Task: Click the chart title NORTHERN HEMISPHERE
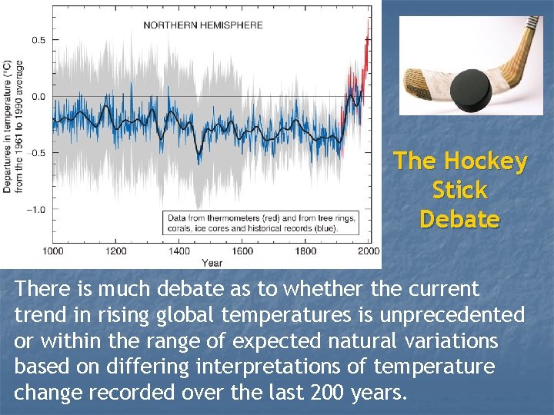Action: click(x=203, y=25)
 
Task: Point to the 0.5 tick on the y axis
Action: click(x=38, y=40)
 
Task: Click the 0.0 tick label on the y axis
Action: click(x=38, y=97)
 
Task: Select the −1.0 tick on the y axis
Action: click(x=35, y=209)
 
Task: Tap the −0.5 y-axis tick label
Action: click(x=35, y=153)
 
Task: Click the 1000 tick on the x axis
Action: click(x=52, y=251)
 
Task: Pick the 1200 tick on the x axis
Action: click(x=115, y=251)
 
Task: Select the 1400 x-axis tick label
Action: click(x=179, y=251)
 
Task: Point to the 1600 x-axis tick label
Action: click(x=242, y=251)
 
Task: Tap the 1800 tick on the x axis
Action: click(x=305, y=251)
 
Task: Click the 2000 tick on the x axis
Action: click(x=368, y=251)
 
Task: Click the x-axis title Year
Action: click(x=212, y=263)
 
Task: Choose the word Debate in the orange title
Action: click(x=459, y=220)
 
